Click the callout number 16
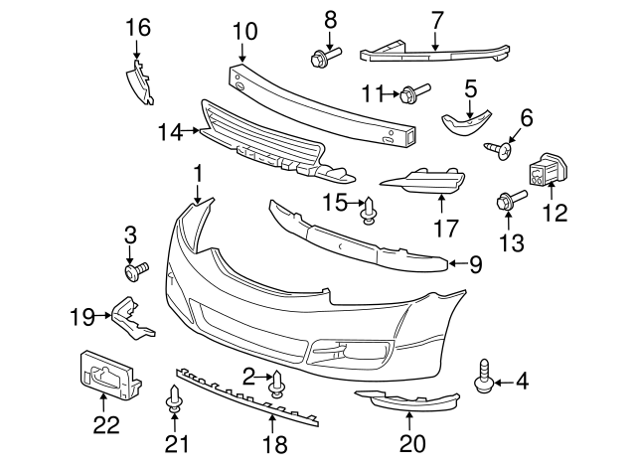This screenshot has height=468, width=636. click(139, 27)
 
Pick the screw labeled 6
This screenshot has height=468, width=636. click(499, 149)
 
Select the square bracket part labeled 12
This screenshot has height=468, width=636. click(547, 171)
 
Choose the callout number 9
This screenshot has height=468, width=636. click(474, 264)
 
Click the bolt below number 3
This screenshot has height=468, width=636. click(134, 269)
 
